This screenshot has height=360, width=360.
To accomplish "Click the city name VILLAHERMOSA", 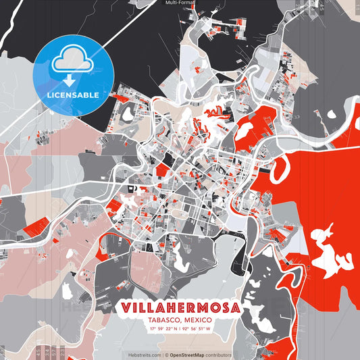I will click(x=180, y=307).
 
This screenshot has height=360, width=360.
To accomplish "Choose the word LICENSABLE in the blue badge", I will click(x=72, y=95).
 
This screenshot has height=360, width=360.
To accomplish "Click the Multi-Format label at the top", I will click(x=180, y=3).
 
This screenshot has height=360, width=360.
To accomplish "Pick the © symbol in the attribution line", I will click(x=166, y=355).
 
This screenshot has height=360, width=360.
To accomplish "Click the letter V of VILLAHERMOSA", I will click(x=126, y=307).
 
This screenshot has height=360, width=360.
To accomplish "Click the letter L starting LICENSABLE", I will click(x=49, y=95).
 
